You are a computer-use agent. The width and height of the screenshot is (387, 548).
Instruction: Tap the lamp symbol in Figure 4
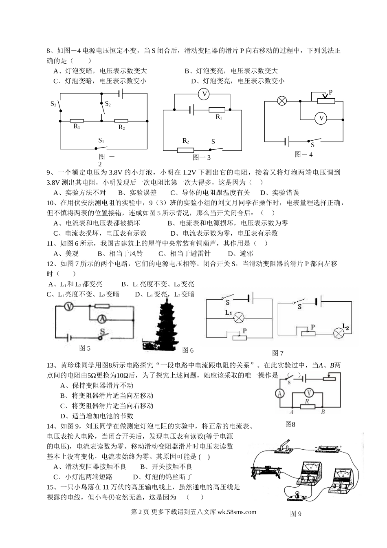[x=281, y=100]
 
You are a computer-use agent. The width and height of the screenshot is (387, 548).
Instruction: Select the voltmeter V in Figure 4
[x=321, y=119]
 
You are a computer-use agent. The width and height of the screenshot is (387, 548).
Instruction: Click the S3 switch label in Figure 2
[x=53, y=104]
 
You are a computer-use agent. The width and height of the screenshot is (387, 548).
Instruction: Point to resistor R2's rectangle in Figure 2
[x=121, y=121]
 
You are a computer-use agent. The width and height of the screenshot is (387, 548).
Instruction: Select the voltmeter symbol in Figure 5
[x=70, y=306]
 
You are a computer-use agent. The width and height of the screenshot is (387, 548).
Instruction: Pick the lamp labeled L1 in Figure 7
[x=241, y=318]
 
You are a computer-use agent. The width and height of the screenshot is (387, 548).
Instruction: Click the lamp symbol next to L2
[x=339, y=333]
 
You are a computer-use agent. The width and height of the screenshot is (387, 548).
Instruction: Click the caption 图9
[x=295, y=514]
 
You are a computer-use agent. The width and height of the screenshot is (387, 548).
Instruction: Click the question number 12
[x=51, y=264]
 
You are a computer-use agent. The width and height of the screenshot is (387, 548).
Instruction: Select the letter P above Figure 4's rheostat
[x=330, y=92]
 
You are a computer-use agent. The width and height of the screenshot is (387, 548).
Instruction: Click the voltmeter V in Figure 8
[x=309, y=392]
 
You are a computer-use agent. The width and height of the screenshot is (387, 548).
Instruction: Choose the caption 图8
[x=290, y=424]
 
